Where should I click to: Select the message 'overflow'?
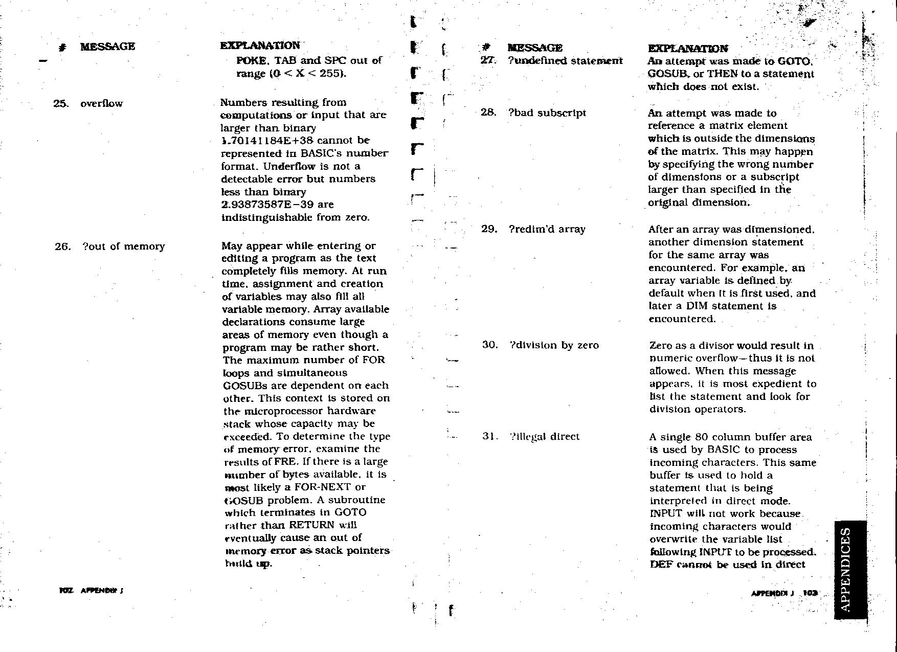point(101,104)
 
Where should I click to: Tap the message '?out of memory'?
point(123,246)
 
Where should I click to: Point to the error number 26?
point(62,246)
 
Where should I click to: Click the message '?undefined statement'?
point(565,61)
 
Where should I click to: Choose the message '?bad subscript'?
point(547,113)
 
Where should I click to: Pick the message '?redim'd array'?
point(546,229)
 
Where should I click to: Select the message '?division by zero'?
point(553,345)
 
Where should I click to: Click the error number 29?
point(489,229)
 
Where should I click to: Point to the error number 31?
point(489,437)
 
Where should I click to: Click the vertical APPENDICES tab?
point(849,569)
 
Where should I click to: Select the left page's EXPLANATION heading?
point(260,46)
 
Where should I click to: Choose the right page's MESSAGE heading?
point(534,48)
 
